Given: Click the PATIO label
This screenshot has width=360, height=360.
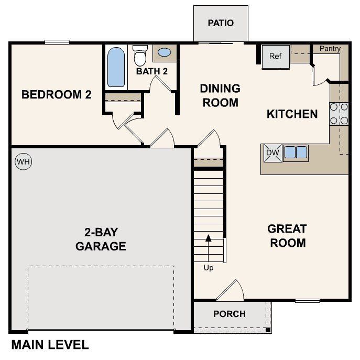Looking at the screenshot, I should pyautogui.click(x=221, y=23).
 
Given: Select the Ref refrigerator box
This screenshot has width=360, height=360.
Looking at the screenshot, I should pyautogui.click(x=276, y=56).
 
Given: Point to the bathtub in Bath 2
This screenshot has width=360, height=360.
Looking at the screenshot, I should pyautogui.click(x=116, y=67).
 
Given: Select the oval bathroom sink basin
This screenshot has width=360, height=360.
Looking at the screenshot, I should pyautogui.click(x=164, y=53).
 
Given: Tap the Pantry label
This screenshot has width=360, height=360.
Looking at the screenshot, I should pyautogui.click(x=330, y=49).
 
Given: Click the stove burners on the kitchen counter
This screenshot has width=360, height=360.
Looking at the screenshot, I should pyautogui.click(x=339, y=114).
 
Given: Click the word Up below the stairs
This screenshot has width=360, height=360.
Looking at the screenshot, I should pyautogui.click(x=208, y=268).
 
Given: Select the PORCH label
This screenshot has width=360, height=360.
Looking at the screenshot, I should pyautogui.click(x=230, y=314).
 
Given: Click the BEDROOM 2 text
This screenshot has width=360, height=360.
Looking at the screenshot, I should pyautogui.click(x=57, y=95).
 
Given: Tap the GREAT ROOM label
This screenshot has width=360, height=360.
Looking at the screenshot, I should pyautogui.click(x=287, y=236).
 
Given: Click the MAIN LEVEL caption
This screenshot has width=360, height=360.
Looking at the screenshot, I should pyautogui.click(x=50, y=345).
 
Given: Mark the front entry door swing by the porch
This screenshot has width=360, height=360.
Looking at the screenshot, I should pyautogui.click(x=231, y=291).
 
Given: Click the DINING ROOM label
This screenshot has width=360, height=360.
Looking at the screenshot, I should pyautogui.click(x=220, y=95).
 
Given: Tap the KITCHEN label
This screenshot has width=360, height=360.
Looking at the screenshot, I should pyautogui.click(x=292, y=114).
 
